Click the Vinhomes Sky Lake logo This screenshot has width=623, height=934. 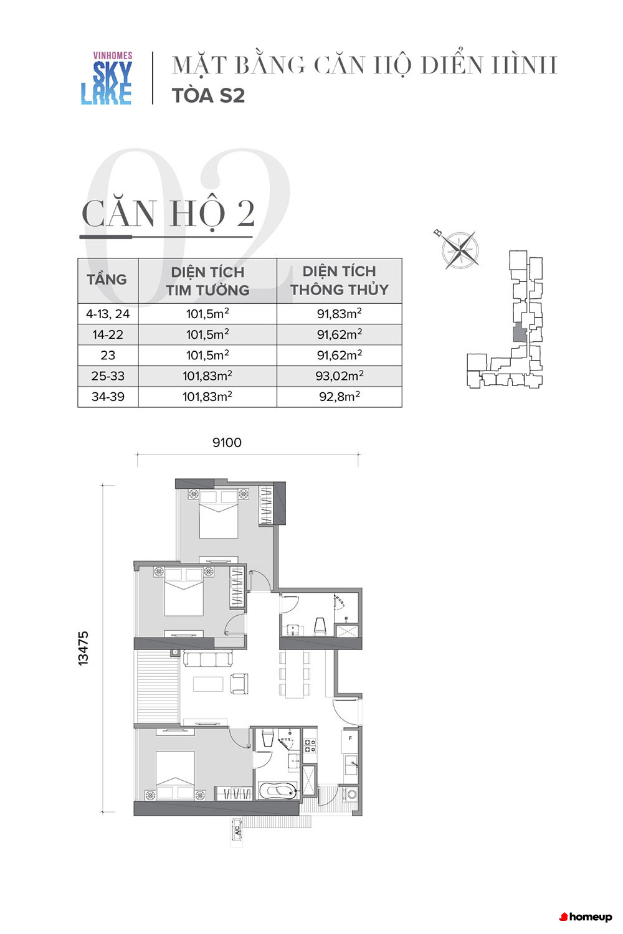[107, 78]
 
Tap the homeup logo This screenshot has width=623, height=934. [586, 917]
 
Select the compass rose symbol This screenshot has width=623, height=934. [459, 250]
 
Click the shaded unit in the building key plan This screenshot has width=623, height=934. [520, 333]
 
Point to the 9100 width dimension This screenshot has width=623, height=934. [227, 442]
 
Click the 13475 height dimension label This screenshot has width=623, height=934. [83, 648]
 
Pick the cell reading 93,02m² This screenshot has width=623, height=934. [340, 376]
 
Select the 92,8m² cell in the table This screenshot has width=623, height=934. [340, 397]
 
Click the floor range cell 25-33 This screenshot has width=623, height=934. [108, 376]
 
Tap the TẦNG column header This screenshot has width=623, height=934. [107, 280]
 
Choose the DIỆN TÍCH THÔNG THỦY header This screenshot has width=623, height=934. [340, 280]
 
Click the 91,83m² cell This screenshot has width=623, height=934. [340, 314]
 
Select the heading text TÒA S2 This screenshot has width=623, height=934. [208, 95]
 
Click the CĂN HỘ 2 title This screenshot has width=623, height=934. [168, 213]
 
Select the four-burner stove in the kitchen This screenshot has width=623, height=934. [310, 745]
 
